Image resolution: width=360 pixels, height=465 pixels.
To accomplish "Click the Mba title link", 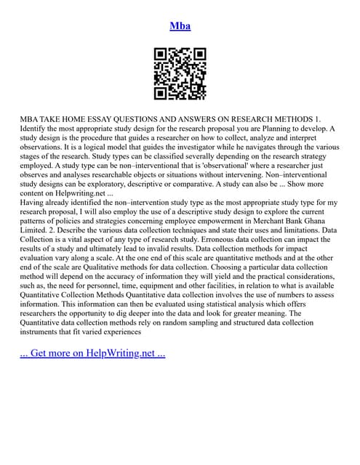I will point(180,26).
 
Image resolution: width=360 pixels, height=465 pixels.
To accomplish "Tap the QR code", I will point(180,74).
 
